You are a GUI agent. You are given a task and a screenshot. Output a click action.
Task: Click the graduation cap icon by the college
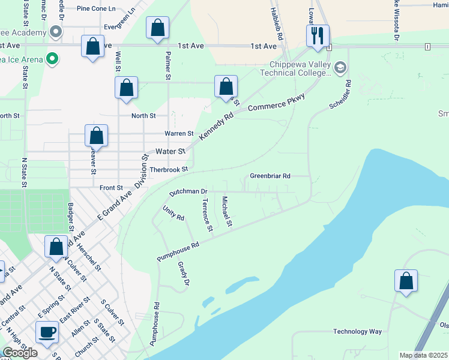(340, 67)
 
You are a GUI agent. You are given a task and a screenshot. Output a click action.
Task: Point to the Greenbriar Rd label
(270, 176)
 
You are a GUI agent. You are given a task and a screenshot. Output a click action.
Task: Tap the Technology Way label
(358, 332)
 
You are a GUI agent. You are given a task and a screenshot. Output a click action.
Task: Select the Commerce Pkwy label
(277, 103)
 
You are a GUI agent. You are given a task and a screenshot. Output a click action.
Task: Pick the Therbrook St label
(169, 170)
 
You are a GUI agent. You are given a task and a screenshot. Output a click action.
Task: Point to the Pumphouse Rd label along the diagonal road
(178, 251)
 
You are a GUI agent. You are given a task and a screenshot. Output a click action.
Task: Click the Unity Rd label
(173, 213)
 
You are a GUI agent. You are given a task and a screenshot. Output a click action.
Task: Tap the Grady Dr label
(183, 273)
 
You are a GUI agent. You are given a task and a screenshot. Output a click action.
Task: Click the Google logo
(20, 353)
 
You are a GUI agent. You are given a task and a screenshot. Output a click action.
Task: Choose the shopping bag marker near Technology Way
(406, 281)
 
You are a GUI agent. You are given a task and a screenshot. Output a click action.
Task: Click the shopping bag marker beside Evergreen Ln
(157, 28)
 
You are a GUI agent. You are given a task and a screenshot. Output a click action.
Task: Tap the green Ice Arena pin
(52, 59)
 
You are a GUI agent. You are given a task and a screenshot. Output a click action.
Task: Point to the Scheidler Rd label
(340, 96)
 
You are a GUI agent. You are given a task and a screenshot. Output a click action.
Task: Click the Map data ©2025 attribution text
(423, 355)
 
